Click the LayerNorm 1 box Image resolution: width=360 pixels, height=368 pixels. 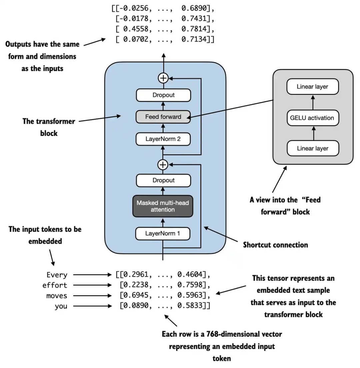[x=163, y=233]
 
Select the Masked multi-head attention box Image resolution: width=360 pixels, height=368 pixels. [x=163, y=206]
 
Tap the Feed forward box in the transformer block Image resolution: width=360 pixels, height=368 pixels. [x=163, y=117]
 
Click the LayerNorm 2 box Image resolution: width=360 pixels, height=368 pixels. [x=163, y=139]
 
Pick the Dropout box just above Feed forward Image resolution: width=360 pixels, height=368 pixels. [x=163, y=95]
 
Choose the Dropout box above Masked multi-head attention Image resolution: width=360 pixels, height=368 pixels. [x=163, y=180]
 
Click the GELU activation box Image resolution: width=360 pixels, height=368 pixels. [x=312, y=118]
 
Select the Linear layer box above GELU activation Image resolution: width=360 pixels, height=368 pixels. [x=312, y=87]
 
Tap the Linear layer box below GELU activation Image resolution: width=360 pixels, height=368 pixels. [x=312, y=148]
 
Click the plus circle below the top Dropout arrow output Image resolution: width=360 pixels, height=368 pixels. [x=163, y=78]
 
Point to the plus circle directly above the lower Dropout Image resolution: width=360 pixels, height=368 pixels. [x=163, y=164]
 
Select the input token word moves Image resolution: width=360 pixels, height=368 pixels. [x=57, y=296]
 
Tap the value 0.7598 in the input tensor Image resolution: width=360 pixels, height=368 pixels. [x=189, y=286]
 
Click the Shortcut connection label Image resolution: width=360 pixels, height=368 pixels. [x=275, y=245]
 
